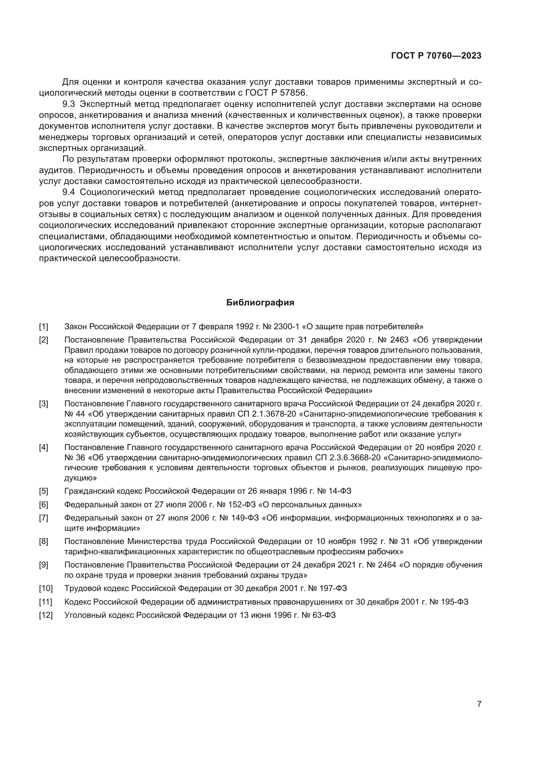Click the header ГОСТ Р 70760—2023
(x=436, y=56)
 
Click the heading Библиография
(x=260, y=302)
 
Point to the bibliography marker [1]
(x=43, y=326)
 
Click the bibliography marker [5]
(x=43, y=491)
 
